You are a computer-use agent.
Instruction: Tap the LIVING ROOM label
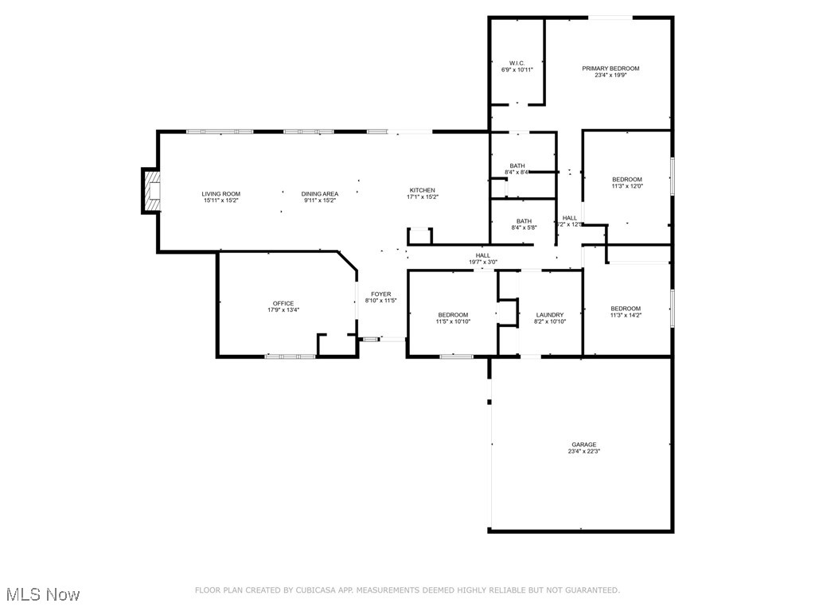[220, 194]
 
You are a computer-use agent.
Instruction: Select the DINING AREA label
[320, 194]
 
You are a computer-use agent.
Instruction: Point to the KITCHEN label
[423, 190]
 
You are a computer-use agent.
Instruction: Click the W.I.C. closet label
[517, 63]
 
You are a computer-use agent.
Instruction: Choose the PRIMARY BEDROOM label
[610, 68]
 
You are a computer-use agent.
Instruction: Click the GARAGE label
[583, 445]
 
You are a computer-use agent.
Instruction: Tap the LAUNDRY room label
[550, 315]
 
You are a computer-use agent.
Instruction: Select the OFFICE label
[283, 303]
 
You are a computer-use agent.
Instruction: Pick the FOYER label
[380, 294]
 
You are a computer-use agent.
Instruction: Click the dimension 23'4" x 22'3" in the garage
[583, 452]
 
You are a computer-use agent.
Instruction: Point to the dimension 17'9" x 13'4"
[283, 310]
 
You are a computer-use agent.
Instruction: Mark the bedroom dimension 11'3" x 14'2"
[626, 316]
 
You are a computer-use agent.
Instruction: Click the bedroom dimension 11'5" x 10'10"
[453, 321]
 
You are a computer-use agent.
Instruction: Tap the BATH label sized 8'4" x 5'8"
[524, 221]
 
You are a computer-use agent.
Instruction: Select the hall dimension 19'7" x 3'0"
[483, 262]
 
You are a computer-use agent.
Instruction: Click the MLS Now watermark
[43, 594]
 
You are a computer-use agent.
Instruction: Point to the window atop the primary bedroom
[611, 18]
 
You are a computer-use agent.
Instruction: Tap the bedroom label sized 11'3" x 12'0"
[626, 180]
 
